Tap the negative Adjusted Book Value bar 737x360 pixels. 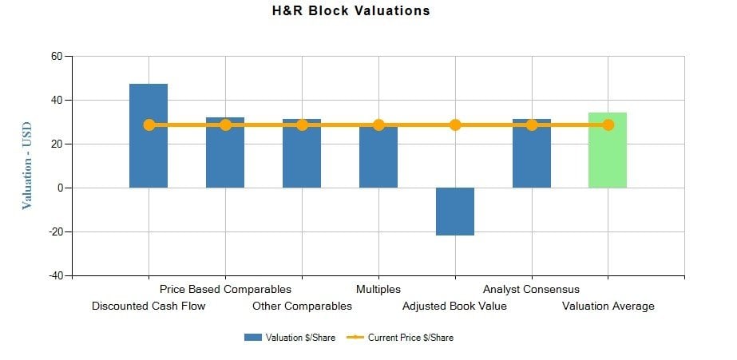point(455,212)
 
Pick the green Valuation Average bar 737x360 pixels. point(608,160)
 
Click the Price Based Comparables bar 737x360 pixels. point(225,160)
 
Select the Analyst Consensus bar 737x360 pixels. point(532,160)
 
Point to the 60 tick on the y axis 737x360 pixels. point(56,56)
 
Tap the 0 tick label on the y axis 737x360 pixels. point(59,188)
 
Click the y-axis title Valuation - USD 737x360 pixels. point(27,164)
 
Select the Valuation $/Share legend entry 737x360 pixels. point(290,338)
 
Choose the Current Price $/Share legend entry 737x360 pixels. point(400,338)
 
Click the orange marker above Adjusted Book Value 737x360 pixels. point(455,125)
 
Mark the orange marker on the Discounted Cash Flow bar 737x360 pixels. point(149,125)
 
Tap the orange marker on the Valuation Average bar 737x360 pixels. point(608,125)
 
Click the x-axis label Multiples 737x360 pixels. point(378,289)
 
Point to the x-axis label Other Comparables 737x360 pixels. point(302,306)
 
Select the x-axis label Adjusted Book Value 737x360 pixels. point(454,306)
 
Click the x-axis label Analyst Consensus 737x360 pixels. point(531,289)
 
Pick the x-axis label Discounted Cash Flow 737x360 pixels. point(149,306)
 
